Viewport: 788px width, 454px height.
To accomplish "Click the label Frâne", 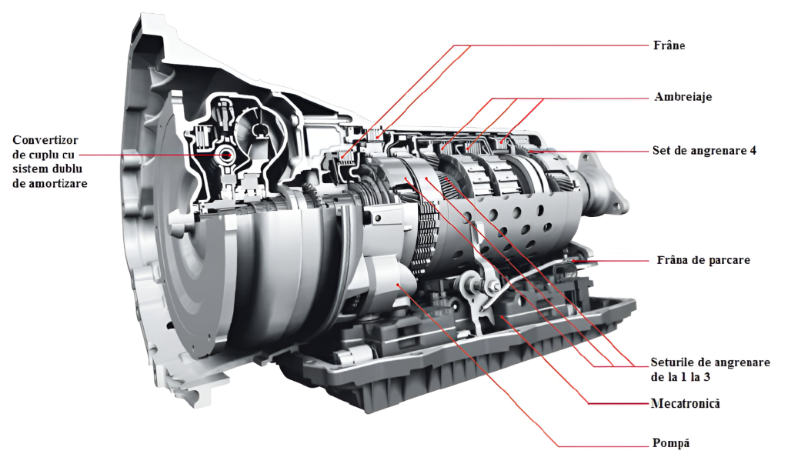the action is click(x=669, y=45).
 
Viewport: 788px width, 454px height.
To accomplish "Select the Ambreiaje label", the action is click(x=683, y=97).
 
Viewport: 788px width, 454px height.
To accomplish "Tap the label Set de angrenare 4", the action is click(x=704, y=150).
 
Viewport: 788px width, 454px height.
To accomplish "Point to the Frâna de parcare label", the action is click(x=703, y=260).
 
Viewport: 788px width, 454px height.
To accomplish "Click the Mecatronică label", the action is click(x=685, y=403).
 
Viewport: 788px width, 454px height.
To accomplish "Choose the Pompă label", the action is click(x=670, y=443).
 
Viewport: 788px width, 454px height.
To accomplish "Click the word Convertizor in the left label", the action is click(x=45, y=140).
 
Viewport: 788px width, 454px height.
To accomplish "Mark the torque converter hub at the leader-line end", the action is click(x=224, y=155).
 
